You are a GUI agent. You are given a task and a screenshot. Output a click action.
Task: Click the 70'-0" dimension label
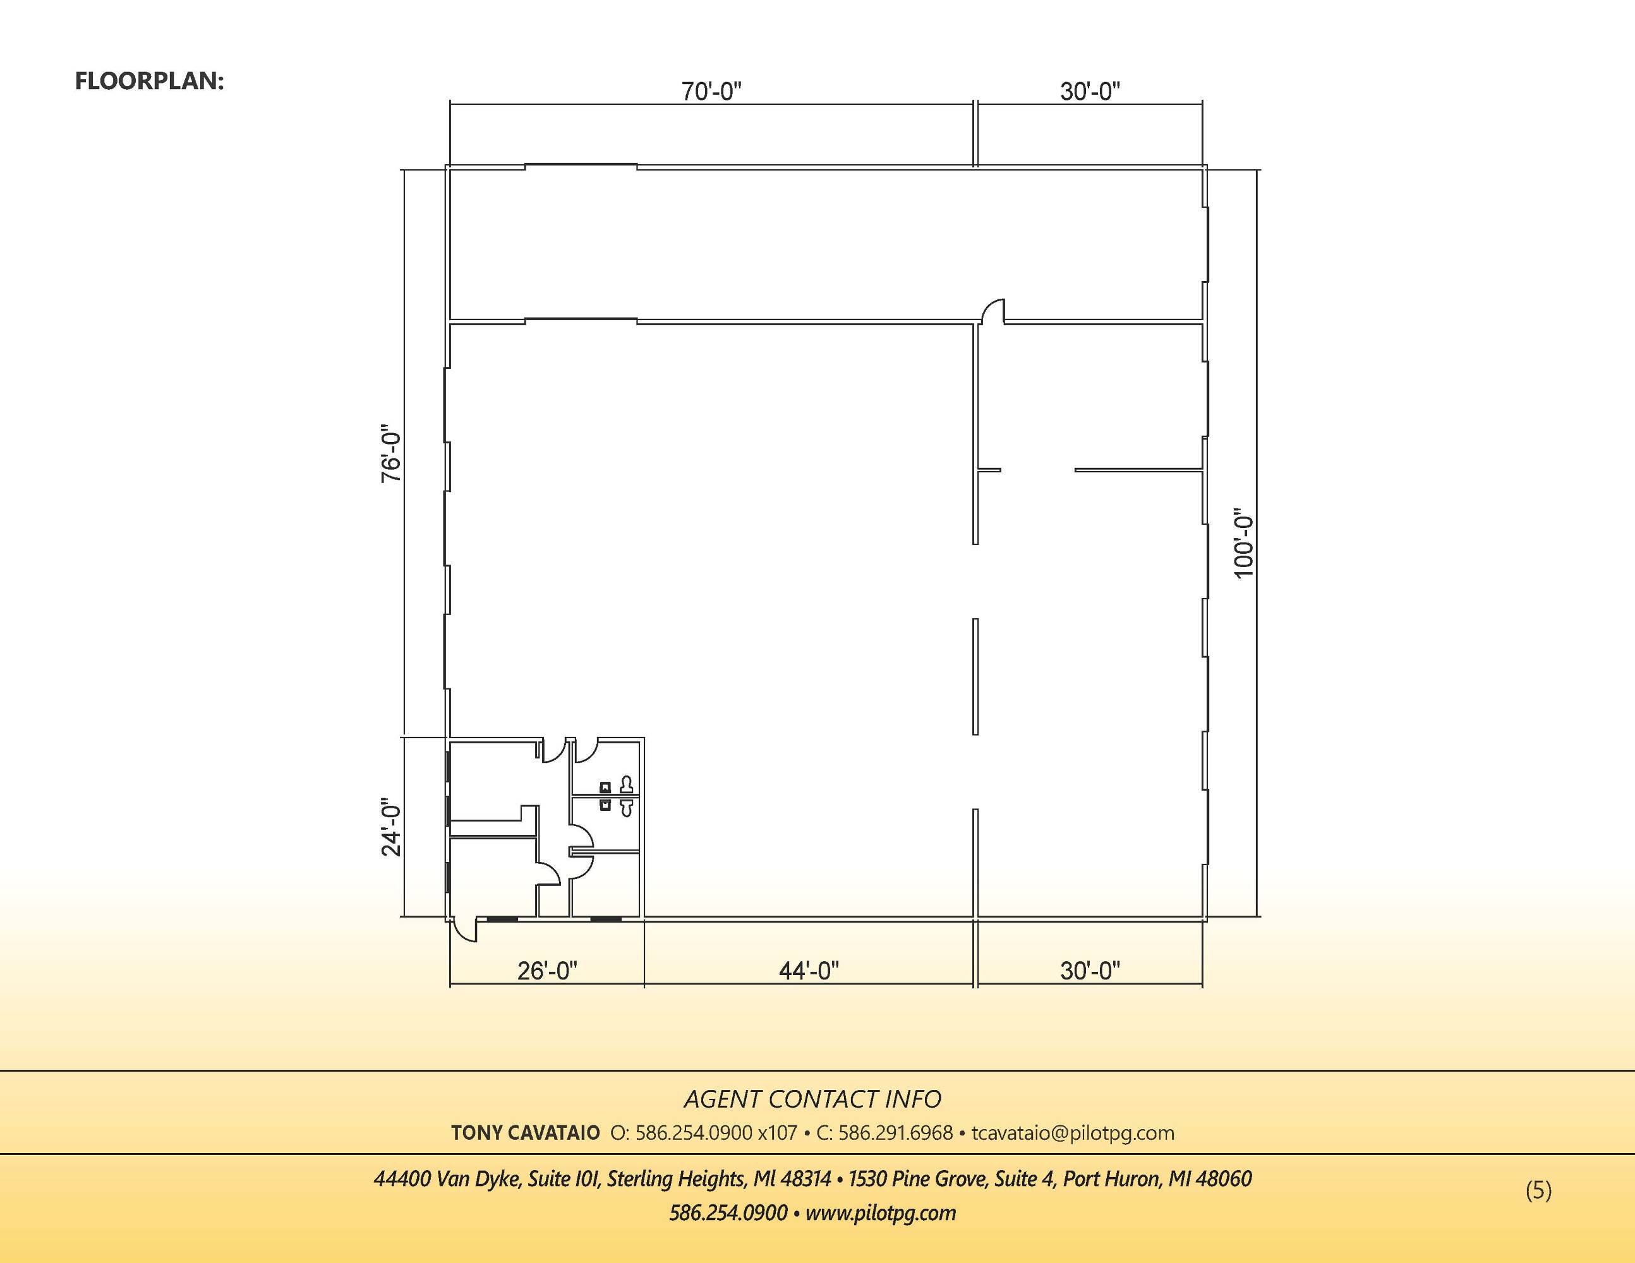pyautogui.click(x=711, y=92)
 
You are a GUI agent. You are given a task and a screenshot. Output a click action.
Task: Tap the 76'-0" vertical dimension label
pyautogui.click(x=392, y=457)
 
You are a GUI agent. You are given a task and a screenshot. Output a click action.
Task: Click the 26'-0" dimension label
pyautogui.click(x=547, y=971)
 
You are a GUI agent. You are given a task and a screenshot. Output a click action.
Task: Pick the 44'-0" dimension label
pyautogui.click(x=809, y=971)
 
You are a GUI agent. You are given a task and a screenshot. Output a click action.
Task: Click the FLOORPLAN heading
pyautogui.click(x=150, y=81)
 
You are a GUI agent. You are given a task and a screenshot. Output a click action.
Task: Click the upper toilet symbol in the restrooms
pyautogui.click(x=627, y=785)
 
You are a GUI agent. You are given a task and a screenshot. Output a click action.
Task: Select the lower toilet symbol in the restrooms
pyautogui.click(x=627, y=807)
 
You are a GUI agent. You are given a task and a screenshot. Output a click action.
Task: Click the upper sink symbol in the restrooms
pyautogui.click(x=605, y=786)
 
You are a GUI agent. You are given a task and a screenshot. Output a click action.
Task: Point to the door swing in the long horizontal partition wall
pyautogui.click(x=992, y=311)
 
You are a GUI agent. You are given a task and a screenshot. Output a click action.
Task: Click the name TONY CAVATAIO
pyautogui.click(x=526, y=1133)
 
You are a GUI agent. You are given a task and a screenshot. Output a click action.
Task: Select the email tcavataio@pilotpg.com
pyautogui.click(x=1073, y=1134)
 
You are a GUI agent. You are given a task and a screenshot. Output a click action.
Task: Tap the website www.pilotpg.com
pyautogui.click(x=881, y=1213)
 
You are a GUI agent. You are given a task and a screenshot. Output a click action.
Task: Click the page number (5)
pyautogui.click(x=1538, y=1190)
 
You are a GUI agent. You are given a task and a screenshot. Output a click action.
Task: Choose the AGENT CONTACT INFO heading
pyautogui.click(x=812, y=1099)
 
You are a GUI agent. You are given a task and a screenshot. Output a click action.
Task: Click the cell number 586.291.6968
pyautogui.click(x=895, y=1133)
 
